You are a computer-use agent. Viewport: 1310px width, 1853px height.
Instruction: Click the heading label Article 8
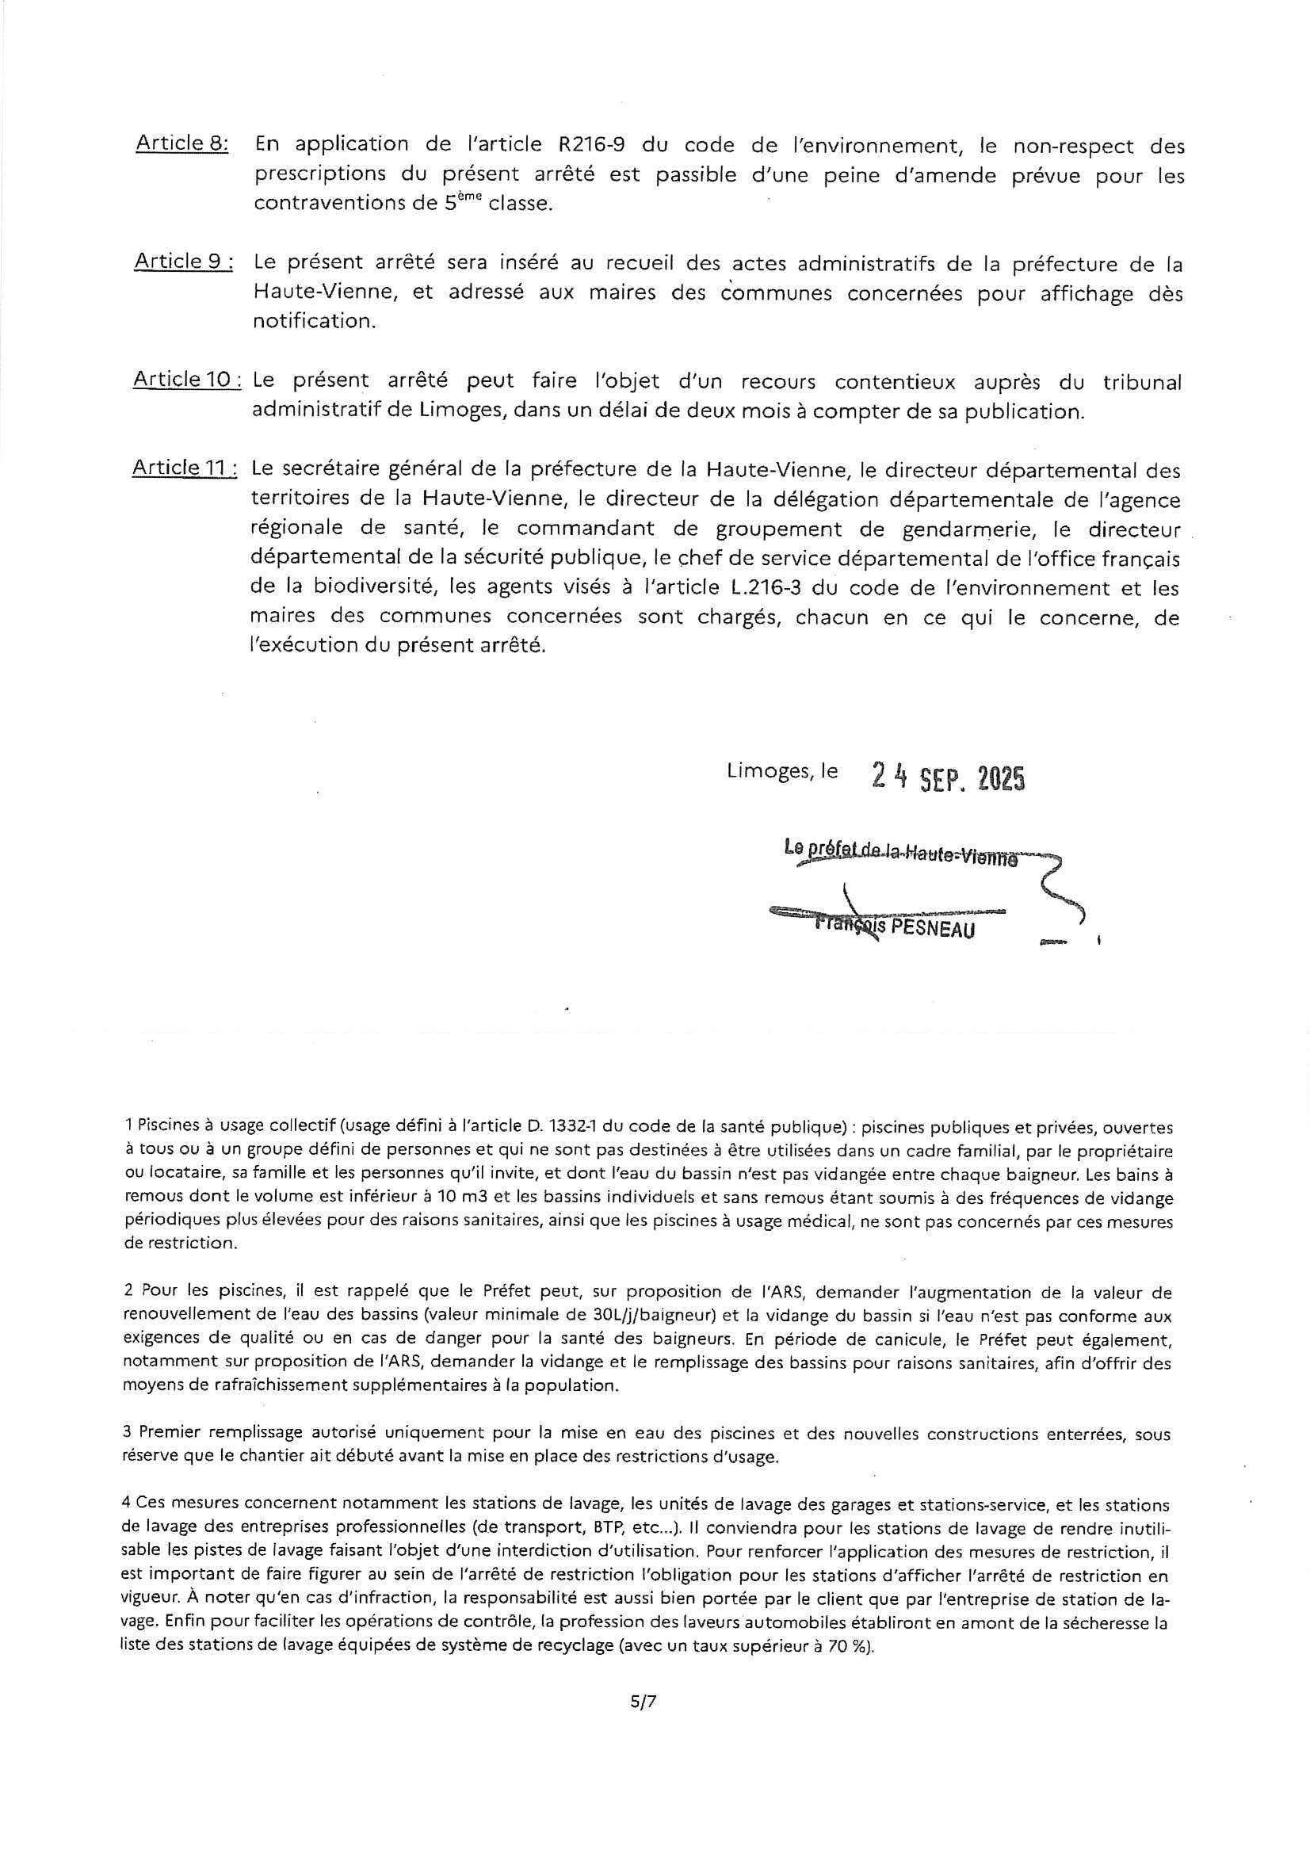(x=181, y=143)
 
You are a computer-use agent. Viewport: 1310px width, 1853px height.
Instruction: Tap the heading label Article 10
(x=186, y=380)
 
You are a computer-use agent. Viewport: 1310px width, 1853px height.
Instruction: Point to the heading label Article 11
(x=185, y=468)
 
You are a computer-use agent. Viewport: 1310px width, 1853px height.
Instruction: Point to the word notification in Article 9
(x=313, y=321)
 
